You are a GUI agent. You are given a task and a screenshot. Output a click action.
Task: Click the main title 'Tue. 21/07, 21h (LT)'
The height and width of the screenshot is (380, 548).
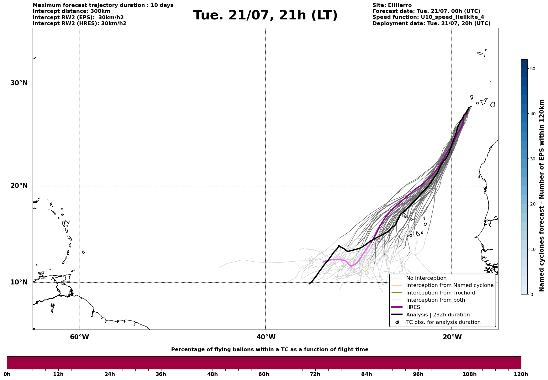coord(265,15)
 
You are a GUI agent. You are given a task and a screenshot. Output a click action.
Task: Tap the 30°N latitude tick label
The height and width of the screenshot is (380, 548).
coord(19,83)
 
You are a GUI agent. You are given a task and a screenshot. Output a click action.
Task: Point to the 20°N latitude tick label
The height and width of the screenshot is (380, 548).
coord(19,186)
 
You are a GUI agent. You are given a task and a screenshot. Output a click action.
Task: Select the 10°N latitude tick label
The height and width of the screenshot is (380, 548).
coord(19,282)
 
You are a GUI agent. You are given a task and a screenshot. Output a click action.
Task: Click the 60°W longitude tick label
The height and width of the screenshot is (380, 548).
coord(79,337)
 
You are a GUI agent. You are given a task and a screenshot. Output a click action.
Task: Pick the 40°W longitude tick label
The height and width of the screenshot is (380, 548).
coord(266,337)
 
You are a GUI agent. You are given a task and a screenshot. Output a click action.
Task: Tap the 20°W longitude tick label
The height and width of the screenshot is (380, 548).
coord(452,337)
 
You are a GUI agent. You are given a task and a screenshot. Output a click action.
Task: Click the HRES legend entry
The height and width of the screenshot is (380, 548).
coord(413,307)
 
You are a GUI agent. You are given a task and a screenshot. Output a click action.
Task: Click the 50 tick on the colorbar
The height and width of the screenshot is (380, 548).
coord(532,69)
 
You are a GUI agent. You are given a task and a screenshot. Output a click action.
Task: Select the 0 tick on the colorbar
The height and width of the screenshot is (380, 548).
coord(531,294)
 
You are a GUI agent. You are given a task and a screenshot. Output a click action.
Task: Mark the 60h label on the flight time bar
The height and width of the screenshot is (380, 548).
coord(264,374)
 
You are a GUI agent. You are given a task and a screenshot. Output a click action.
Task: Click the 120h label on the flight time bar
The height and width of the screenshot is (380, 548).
coord(521,374)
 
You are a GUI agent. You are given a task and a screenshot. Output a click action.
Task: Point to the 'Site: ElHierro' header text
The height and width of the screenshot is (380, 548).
coord(392,5)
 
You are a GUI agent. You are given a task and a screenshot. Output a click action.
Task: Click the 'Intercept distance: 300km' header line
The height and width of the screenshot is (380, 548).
coord(71,11)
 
